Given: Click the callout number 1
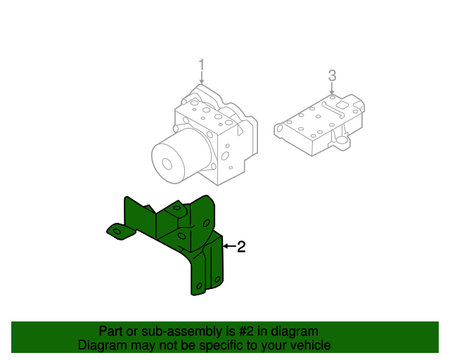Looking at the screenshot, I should pyautogui.click(x=201, y=66).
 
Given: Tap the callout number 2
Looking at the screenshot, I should pyautogui.click(x=241, y=247).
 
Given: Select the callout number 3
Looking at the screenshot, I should pyautogui.click(x=333, y=75).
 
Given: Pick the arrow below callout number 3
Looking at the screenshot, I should pyautogui.click(x=333, y=89).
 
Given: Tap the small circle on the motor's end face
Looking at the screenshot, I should pyautogui.click(x=167, y=164).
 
